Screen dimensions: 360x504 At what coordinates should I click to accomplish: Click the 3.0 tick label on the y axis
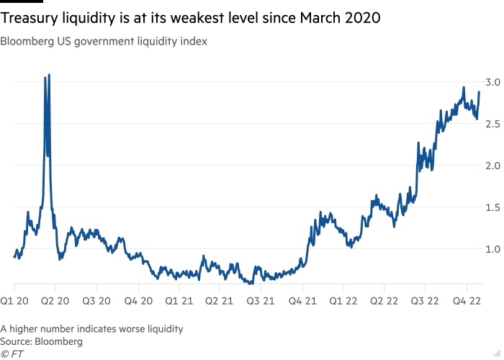(491, 82)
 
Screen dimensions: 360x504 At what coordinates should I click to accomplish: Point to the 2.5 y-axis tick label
(491, 124)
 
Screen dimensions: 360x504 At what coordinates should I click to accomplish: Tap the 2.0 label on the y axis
(491, 166)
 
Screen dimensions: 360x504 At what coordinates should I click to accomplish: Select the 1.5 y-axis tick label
(491, 207)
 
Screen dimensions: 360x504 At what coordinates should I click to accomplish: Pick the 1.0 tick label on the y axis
(491, 249)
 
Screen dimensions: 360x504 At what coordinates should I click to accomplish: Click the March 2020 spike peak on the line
(48, 75)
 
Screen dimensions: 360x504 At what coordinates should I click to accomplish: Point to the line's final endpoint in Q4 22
(480, 91)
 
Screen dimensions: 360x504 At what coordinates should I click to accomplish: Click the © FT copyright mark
(12, 353)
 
